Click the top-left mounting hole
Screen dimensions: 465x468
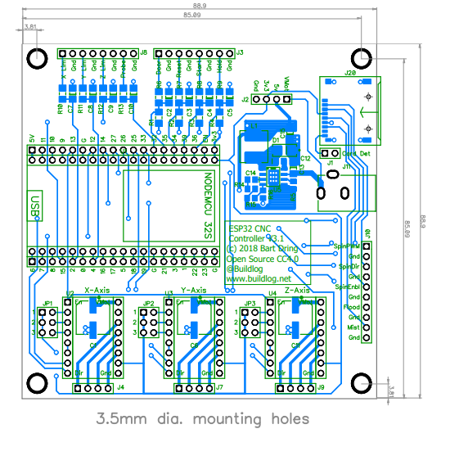(x=37, y=57)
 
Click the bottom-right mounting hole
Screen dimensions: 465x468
(x=362, y=385)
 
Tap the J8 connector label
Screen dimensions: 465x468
(x=144, y=52)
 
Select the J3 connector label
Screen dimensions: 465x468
(x=240, y=52)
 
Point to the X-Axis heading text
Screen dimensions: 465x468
(x=97, y=291)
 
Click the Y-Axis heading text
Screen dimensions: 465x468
(x=193, y=291)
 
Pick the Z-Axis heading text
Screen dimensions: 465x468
(x=297, y=291)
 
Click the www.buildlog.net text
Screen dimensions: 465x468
(x=258, y=278)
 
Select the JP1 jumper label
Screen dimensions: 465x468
(x=47, y=304)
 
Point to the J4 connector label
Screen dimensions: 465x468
(x=120, y=387)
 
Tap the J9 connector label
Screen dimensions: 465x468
(x=321, y=387)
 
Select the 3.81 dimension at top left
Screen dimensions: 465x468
(x=31, y=27)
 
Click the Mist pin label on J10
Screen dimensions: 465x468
(x=353, y=327)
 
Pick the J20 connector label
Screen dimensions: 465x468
(x=350, y=73)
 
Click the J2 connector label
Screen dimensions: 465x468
(x=245, y=100)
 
